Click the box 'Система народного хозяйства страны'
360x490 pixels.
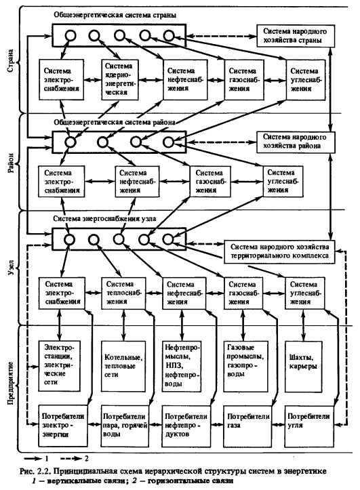[x=296, y=36]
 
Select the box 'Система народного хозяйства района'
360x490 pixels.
[x=296, y=142]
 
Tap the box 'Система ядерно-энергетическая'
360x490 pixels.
[x=120, y=80]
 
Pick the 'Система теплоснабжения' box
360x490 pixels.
[x=124, y=293]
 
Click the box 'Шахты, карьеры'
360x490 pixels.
[x=304, y=367]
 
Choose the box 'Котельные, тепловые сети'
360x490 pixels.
[x=123, y=366]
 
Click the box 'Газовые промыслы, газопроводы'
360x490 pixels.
[x=246, y=366]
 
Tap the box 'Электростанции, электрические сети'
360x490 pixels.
[x=59, y=366]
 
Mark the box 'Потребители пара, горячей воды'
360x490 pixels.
[x=125, y=426]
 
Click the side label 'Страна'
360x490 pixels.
[x=10, y=60]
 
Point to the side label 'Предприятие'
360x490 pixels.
[x=10, y=383]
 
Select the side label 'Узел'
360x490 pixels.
[x=10, y=268]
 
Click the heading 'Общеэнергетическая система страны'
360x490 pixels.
[x=115, y=15]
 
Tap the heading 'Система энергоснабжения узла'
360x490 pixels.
[x=104, y=218]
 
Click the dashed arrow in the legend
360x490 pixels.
[x=71, y=458]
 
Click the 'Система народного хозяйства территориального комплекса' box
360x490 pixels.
[x=280, y=251]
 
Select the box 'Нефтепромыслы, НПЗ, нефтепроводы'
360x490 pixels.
[x=182, y=366]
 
